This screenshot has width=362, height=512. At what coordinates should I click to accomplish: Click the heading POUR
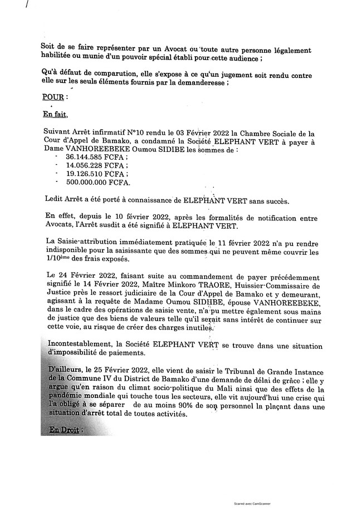tap(54, 97)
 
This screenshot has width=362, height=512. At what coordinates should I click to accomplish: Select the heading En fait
tap(55, 115)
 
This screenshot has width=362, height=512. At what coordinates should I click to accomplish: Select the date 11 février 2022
tap(251, 243)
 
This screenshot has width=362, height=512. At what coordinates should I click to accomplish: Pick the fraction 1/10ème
tap(55, 259)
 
